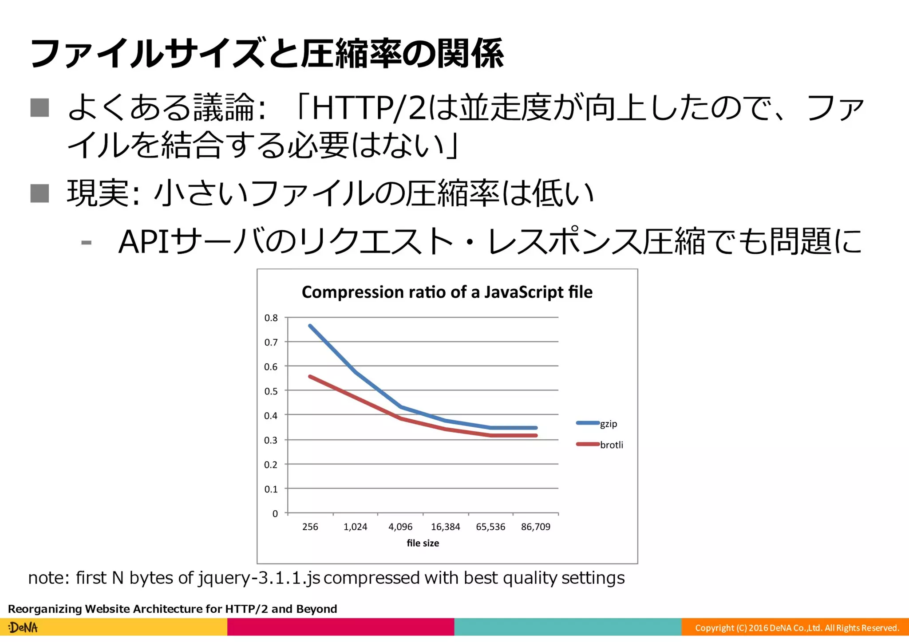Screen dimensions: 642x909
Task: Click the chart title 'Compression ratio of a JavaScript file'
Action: click(447, 292)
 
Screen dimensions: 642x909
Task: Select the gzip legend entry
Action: click(608, 424)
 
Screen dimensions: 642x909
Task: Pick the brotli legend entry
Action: click(611, 445)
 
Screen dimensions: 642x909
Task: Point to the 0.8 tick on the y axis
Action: click(271, 318)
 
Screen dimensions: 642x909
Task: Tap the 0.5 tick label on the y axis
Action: click(271, 391)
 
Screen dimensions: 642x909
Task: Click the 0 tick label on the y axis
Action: click(275, 514)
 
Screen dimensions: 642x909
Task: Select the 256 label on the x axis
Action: click(310, 527)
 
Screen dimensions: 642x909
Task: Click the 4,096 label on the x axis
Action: click(400, 527)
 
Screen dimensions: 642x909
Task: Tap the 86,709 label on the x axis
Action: click(535, 527)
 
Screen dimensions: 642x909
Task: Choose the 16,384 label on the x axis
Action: click(445, 527)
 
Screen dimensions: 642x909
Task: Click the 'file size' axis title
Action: click(423, 543)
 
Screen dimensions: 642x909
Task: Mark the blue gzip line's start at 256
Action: click(310, 326)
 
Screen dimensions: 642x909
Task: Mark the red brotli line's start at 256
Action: click(310, 377)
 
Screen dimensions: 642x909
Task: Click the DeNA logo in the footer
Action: click(23, 627)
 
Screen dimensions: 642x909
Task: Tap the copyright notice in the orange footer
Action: click(797, 628)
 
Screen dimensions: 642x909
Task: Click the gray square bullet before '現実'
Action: click(40, 193)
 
